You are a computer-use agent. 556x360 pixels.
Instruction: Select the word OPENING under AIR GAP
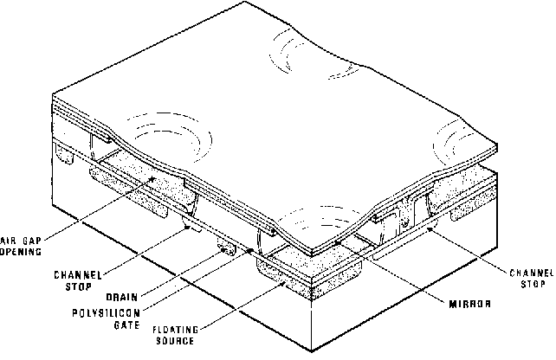coord(21,252)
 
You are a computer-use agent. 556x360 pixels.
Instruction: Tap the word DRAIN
coord(121,297)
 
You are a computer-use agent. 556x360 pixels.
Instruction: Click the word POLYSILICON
coord(107,313)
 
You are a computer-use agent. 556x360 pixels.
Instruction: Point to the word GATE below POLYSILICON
coord(127,325)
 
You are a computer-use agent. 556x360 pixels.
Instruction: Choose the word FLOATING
coord(176,330)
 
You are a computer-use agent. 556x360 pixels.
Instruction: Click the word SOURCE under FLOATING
coord(175,341)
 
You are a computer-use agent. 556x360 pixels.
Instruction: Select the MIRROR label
coord(470,304)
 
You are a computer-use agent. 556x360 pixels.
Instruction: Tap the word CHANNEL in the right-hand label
coord(532,273)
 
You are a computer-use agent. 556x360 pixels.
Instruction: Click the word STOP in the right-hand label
coord(533,284)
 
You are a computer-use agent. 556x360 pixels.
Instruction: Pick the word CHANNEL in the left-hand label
coord(78,275)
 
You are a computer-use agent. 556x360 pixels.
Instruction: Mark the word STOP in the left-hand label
coord(78,286)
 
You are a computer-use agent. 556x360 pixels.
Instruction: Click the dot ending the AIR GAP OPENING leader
coord(152,179)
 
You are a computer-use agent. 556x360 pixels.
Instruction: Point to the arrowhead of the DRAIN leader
coord(223,250)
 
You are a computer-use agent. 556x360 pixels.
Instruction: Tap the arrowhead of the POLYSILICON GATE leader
coord(250,250)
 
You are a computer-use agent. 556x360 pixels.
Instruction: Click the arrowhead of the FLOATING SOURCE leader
coord(284,282)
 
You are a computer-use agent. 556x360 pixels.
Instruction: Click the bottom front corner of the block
coord(312,352)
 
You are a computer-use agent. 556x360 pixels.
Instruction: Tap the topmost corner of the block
coord(244,2)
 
